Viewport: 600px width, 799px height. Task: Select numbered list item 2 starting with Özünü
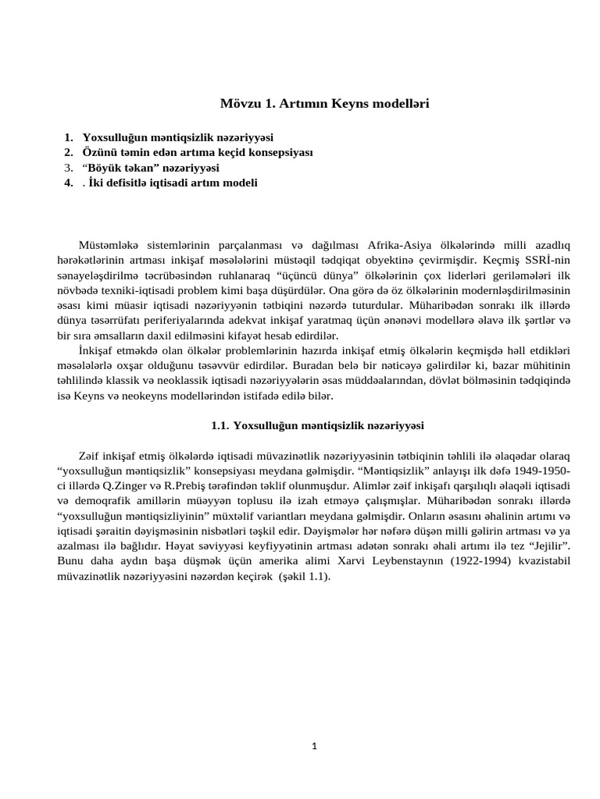point(197,152)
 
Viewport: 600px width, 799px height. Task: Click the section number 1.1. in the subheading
point(221,426)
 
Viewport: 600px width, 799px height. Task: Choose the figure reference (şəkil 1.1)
point(302,577)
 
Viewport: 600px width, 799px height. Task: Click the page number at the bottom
point(314,746)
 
